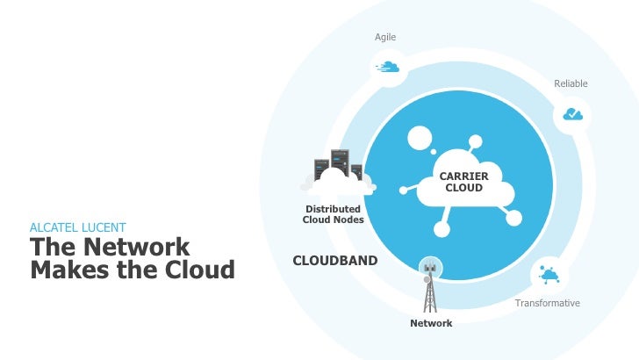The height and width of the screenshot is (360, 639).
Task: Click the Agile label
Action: coord(385,37)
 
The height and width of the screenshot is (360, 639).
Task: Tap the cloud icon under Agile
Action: coord(388,66)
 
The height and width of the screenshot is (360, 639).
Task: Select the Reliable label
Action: coord(571,83)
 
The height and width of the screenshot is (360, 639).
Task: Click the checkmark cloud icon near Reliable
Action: coord(572,114)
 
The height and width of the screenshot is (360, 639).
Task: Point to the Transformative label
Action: coord(548,303)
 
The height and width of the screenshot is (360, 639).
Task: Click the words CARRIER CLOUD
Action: coord(463,183)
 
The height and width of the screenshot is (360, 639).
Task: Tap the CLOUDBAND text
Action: coord(334,261)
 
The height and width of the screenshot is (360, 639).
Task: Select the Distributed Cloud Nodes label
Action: coord(333,214)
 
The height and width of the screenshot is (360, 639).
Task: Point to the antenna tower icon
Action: coord(429,285)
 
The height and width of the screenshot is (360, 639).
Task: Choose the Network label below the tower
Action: coord(431,324)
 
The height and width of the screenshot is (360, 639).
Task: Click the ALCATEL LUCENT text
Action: coord(77,227)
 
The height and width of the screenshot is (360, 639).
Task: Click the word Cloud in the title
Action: coord(197,270)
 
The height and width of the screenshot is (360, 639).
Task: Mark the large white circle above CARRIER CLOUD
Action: coord(420,138)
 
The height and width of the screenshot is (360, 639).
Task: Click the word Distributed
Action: coord(333,209)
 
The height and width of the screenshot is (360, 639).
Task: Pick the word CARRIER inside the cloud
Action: coord(463,177)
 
